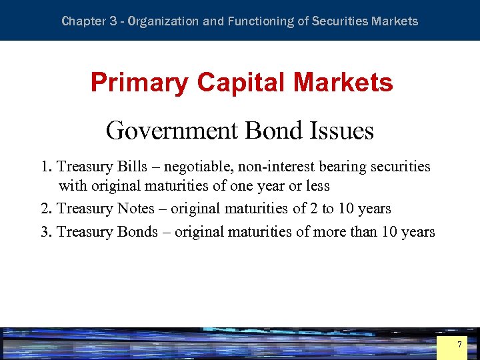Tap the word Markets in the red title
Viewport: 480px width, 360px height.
click(345, 83)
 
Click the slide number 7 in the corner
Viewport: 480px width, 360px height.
click(459, 345)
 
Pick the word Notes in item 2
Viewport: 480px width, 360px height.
click(135, 209)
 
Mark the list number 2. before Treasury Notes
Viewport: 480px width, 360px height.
click(46, 209)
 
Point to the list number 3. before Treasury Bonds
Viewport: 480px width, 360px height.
click(46, 232)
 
